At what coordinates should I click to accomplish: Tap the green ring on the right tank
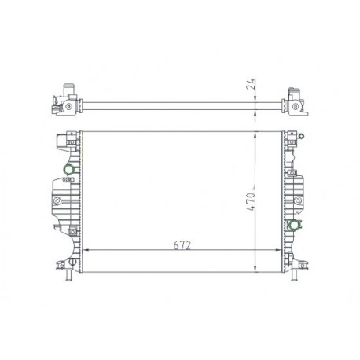pos(294,226)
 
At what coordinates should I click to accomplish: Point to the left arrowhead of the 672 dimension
pos(86,249)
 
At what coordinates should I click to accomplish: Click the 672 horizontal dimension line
pos(134,249)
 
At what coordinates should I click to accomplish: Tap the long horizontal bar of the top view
pos(181,102)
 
